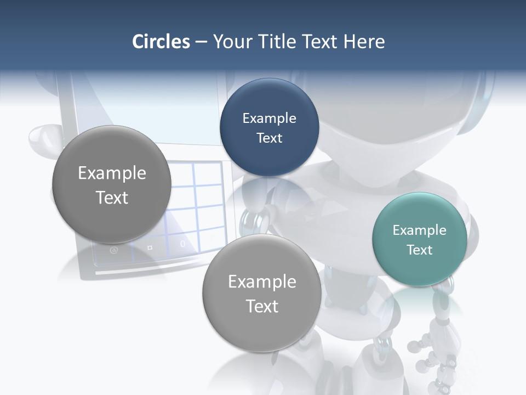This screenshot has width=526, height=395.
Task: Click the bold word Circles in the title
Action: pyautogui.click(x=161, y=42)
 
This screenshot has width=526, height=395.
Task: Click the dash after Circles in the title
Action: pyautogui.click(x=201, y=42)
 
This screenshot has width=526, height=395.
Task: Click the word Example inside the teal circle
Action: pyautogui.click(x=419, y=230)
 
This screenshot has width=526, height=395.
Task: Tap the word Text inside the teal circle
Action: pyautogui.click(x=419, y=250)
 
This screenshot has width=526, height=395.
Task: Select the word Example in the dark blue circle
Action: pyautogui.click(x=269, y=119)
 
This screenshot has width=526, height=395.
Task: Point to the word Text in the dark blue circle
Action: pyautogui.click(x=269, y=138)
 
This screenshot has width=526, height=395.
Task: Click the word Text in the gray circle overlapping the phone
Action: pyautogui.click(x=112, y=198)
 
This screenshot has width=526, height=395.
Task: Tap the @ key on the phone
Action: pyautogui.click(x=114, y=250)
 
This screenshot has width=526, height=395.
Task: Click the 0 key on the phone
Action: pyautogui.click(x=182, y=244)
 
